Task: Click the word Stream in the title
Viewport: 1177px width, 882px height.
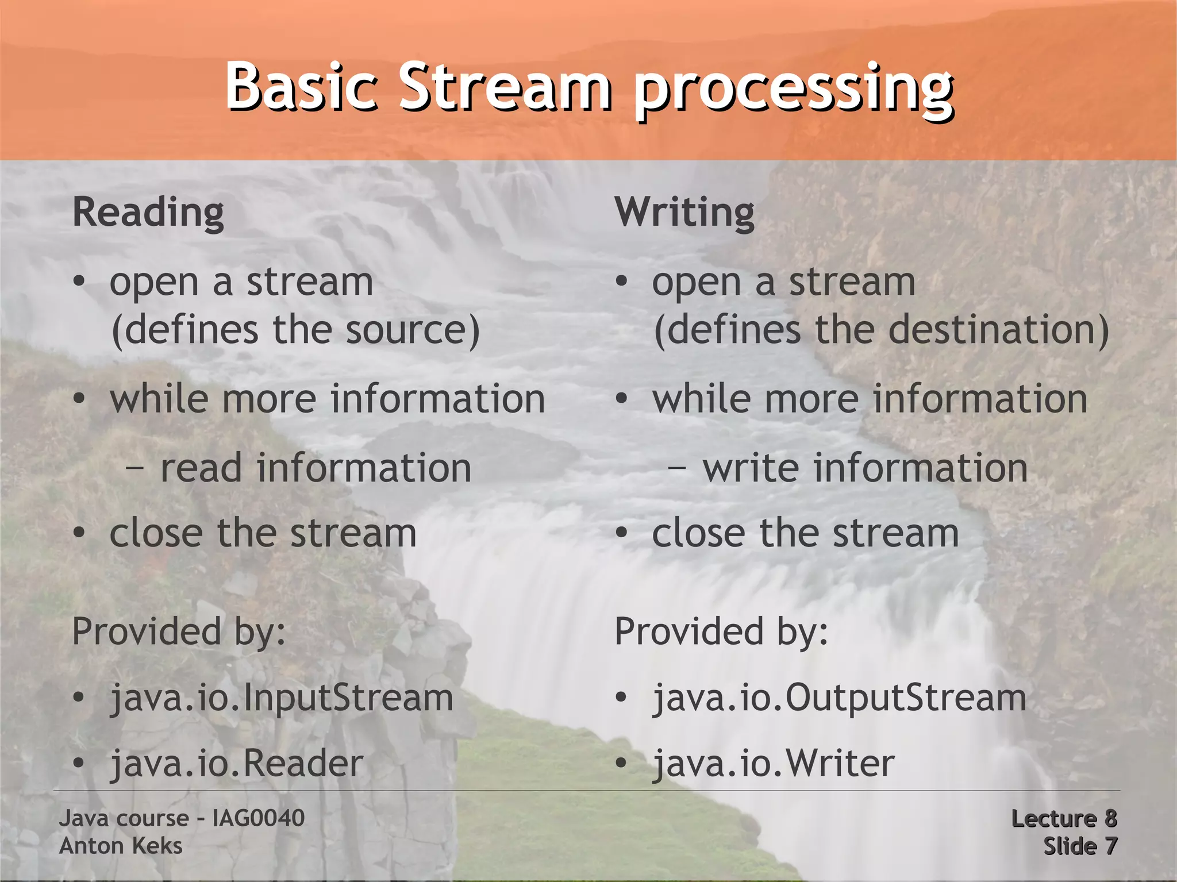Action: click(x=505, y=87)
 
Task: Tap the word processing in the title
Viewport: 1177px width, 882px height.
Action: click(x=793, y=91)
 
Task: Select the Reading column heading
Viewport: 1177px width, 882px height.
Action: click(x=148, y=213)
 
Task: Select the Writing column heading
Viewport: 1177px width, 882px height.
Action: click(x=684, y=213)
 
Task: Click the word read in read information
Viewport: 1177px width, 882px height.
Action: click(x=201, y=468)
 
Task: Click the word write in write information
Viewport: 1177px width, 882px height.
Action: click(x=750, y=468)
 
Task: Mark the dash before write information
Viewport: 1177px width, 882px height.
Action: click(x=677, y=469)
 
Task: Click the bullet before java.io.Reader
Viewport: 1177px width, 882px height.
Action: click(x=79, y=764)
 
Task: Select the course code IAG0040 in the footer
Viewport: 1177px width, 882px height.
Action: click(x=259, y=818)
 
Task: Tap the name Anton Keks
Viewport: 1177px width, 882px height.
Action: click(x=121, y=846)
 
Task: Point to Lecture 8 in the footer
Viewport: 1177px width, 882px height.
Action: click(x=1064, y=818)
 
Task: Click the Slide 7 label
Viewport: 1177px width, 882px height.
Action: click(x=1080, y=846)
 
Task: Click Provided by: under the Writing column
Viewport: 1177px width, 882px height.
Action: click(x=721, y=632)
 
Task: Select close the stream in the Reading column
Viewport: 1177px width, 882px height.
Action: click(x=263, y=533)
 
